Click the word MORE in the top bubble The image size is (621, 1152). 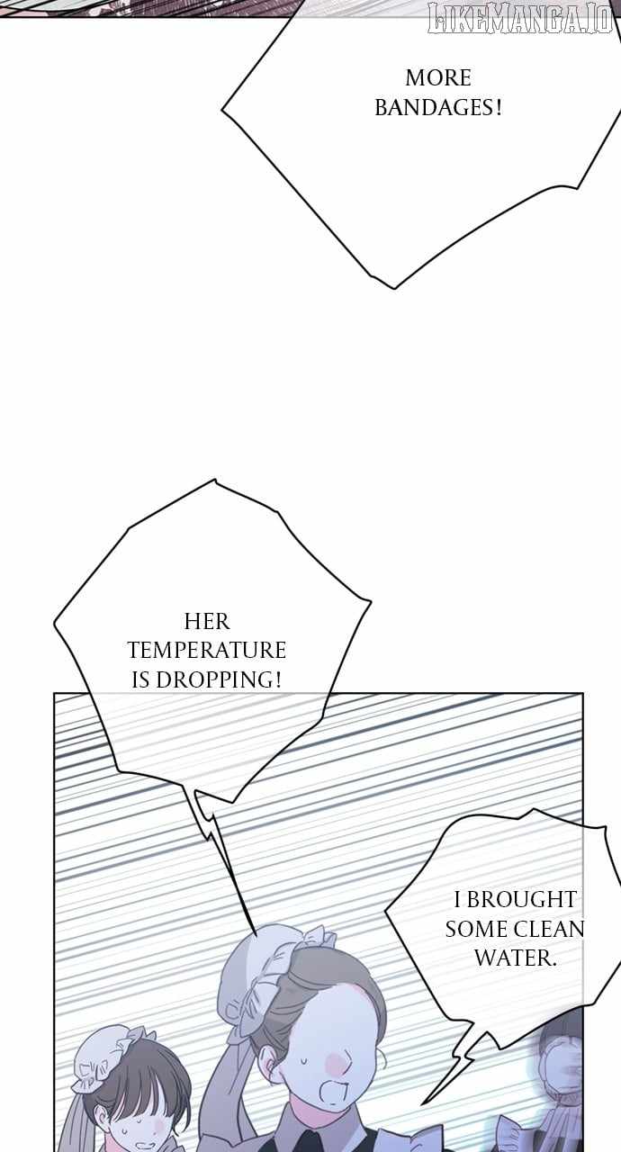pyautogui.click(x=438, y=78)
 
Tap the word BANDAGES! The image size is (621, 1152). pyautogui.click(x=438, y=108)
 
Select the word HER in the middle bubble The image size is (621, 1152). pyautogui.click(x=207, y=622)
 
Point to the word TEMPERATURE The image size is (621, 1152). pyautogui.click(x=207, y=651)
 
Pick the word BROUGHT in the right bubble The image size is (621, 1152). pyautogui.click(x=521, y=899)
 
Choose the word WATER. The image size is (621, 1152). pyautogui.click(x=515, y=958)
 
